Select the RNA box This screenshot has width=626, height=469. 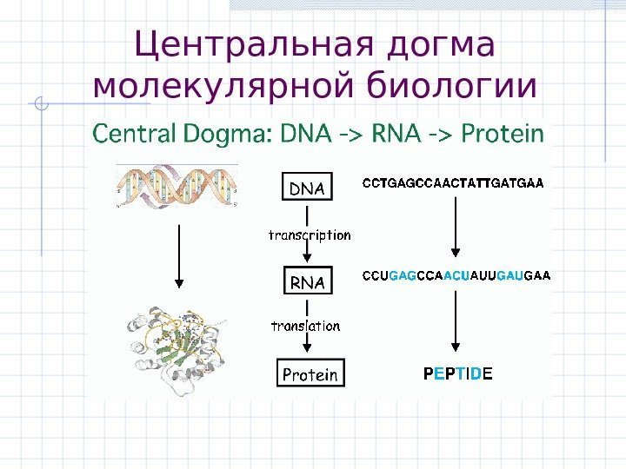(306, 282)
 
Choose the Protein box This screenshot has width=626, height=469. (310, 374)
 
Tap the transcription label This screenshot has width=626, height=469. (310, 234)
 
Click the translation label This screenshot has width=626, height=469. (306, 326)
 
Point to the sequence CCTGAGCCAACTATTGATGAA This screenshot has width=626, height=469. (452, 183)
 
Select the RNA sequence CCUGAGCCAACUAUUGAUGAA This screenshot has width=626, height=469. (456, 276)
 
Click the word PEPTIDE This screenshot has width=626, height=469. (457, 374)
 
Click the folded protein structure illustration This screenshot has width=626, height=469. (177, 348)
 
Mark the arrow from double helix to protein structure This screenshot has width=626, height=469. (179, 255)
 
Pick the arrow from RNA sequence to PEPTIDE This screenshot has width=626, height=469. (454, 321)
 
